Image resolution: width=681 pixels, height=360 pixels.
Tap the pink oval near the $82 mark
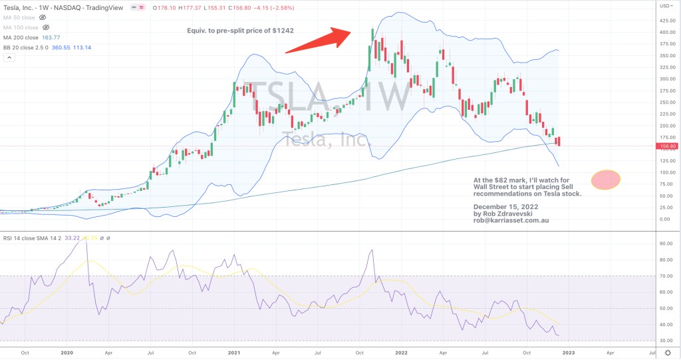605,179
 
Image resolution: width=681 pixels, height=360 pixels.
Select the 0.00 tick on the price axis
665,220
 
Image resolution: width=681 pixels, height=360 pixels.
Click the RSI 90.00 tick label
665,244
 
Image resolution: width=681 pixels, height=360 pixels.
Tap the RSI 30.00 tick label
665,341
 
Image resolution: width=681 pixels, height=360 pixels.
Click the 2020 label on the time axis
68,353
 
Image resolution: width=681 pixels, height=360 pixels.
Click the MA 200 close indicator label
22,38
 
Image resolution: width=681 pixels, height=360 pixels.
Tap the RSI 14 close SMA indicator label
31,238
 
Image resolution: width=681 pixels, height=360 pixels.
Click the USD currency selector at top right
665,5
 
